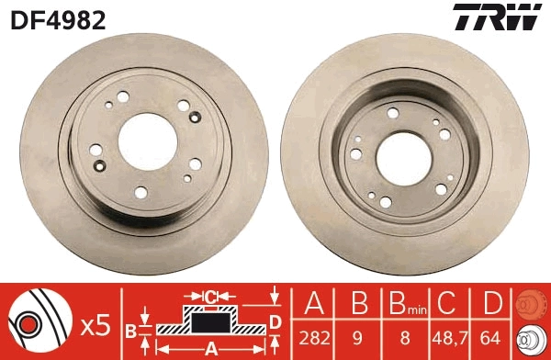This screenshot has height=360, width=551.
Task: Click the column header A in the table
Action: point(314,303)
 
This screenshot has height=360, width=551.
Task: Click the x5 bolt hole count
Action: point(95,324)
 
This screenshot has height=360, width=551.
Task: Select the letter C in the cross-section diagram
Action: point(211,296)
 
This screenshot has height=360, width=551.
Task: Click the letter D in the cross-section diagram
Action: point(275,321)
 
